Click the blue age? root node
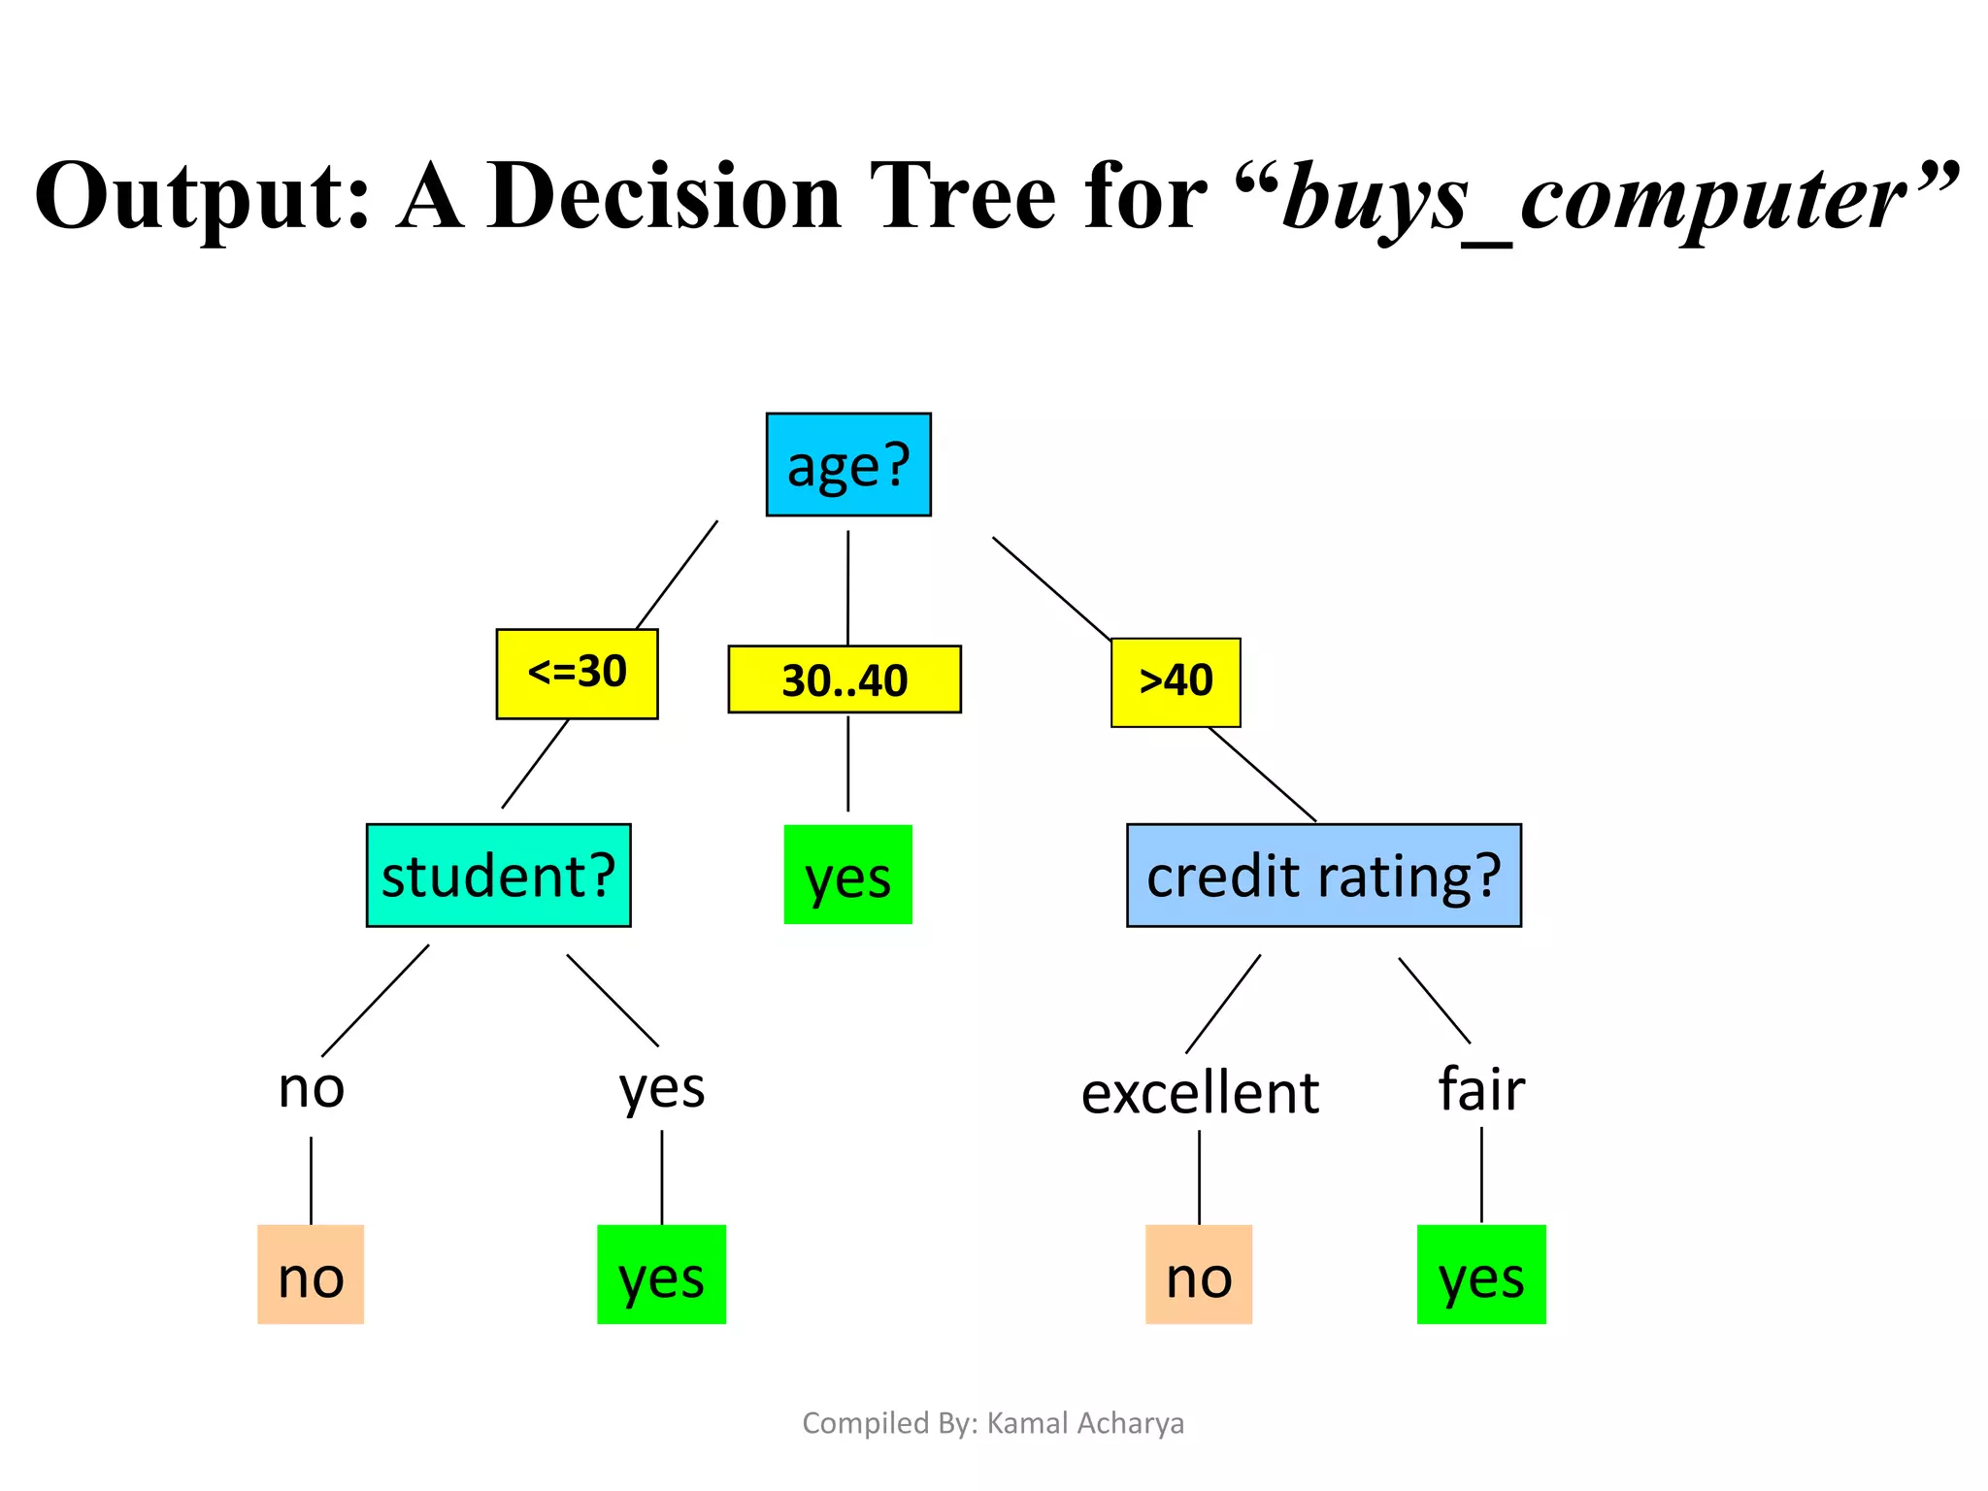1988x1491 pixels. (x=848, y=465)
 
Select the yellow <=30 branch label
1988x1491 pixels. (x=577, y=674)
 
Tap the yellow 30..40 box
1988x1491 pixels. (x=845, y=679)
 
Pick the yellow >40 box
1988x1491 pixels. (x=1176, y=682)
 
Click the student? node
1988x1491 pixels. (x=498, y=876)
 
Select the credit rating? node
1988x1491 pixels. (x=1323, y=876)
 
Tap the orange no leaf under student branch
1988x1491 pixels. (x=311, y=1275)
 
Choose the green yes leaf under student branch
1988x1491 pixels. (x=661, y=1275)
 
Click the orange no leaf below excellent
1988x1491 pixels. (x=1199, y=1275)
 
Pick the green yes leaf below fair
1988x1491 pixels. (x=1481, y=1275)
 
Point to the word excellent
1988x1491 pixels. (x=1200, y=1093)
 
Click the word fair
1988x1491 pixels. (x=1481, y=1089)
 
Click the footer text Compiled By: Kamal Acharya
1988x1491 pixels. (x=993, y=1423)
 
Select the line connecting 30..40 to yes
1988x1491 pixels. (x=848, y=763)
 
